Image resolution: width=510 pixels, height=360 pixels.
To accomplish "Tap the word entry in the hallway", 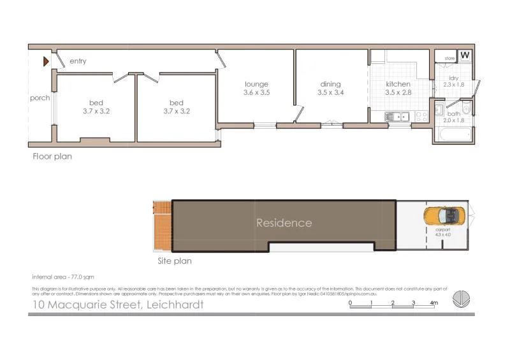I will (78, 61).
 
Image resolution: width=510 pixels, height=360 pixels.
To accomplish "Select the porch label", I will (40, 98).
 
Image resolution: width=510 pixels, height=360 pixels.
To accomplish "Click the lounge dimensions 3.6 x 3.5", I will (257, 93).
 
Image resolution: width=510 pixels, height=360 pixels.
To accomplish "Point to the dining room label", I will (330, 84).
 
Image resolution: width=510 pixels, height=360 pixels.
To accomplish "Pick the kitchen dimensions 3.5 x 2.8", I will (398, 93).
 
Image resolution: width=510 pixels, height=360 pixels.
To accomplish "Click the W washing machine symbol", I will (465, 55).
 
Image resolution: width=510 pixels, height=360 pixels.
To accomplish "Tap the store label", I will (449, 59).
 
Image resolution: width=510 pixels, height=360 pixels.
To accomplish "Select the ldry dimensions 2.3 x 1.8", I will (453, 85).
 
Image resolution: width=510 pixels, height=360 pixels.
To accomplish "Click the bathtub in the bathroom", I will (454, 134).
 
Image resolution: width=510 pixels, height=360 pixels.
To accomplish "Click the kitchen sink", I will (398, 116).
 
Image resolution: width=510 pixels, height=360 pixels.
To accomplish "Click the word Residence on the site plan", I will (284, 223).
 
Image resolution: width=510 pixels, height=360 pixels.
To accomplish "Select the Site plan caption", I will (174, 261).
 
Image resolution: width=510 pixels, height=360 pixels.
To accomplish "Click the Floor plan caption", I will (52, 157).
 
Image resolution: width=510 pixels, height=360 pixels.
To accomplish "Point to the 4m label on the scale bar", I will (434, 303).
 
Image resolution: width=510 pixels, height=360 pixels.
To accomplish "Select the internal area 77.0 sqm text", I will (63, 277).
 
